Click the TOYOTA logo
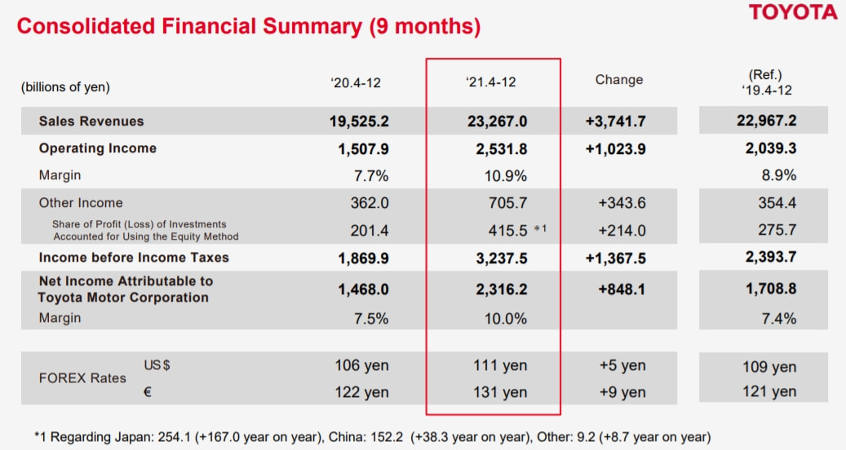(793, 12)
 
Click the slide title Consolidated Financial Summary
(248, 26)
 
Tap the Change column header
(618, 80)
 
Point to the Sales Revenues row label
(91, 121)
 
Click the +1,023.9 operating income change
(615, 148)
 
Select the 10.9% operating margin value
(505, 175)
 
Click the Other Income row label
(81, 203)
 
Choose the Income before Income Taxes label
(134, 258)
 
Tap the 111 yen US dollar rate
(500, 366)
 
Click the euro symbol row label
(148, 391)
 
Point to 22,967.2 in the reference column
(763, 121)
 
